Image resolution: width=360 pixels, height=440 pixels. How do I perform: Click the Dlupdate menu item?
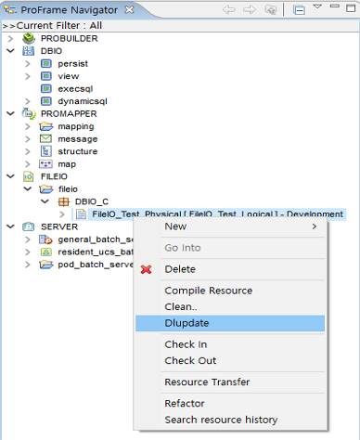tap(186, 323)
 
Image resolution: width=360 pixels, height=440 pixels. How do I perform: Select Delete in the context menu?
tap(180, 269)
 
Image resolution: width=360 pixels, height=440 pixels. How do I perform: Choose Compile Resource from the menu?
tap(209, 291)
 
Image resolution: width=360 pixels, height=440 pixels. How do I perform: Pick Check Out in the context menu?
tap(190, 360)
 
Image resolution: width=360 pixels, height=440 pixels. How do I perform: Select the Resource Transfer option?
tap(207, 382)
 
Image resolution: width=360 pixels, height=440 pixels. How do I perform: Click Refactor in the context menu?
tap(185, 404)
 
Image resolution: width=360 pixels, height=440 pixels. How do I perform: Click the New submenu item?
tap(175, 226)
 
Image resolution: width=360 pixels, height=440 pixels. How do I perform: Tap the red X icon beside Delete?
tap(147, 269)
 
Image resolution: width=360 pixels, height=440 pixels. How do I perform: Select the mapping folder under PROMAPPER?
tap(76, 126)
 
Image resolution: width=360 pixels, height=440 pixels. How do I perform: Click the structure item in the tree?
tap(77, 151)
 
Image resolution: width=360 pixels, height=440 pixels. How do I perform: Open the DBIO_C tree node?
tap(92, 201)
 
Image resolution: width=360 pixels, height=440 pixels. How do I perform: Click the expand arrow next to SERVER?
tap(10, 227)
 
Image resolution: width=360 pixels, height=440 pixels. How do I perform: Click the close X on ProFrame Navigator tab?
tap(128, 9)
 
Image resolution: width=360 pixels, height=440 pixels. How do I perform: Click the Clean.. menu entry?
tap(181, 306)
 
